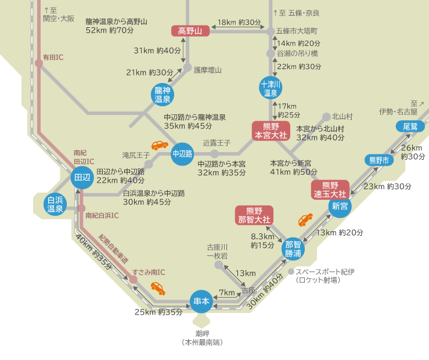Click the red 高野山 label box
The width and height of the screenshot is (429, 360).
190,31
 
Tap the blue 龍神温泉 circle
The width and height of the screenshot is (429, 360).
162,95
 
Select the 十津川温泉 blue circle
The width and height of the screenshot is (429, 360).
271,88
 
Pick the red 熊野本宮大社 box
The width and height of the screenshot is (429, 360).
271,131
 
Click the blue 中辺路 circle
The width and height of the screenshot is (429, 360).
182,154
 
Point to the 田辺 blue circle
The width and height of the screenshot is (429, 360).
81,178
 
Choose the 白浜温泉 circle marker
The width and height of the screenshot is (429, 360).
55,204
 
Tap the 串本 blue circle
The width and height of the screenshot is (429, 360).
201,301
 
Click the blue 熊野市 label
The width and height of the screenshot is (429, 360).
378,160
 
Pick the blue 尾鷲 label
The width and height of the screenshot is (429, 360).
406,127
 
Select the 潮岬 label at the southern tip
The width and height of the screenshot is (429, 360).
201,334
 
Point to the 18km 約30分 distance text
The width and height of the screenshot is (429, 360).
239,22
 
